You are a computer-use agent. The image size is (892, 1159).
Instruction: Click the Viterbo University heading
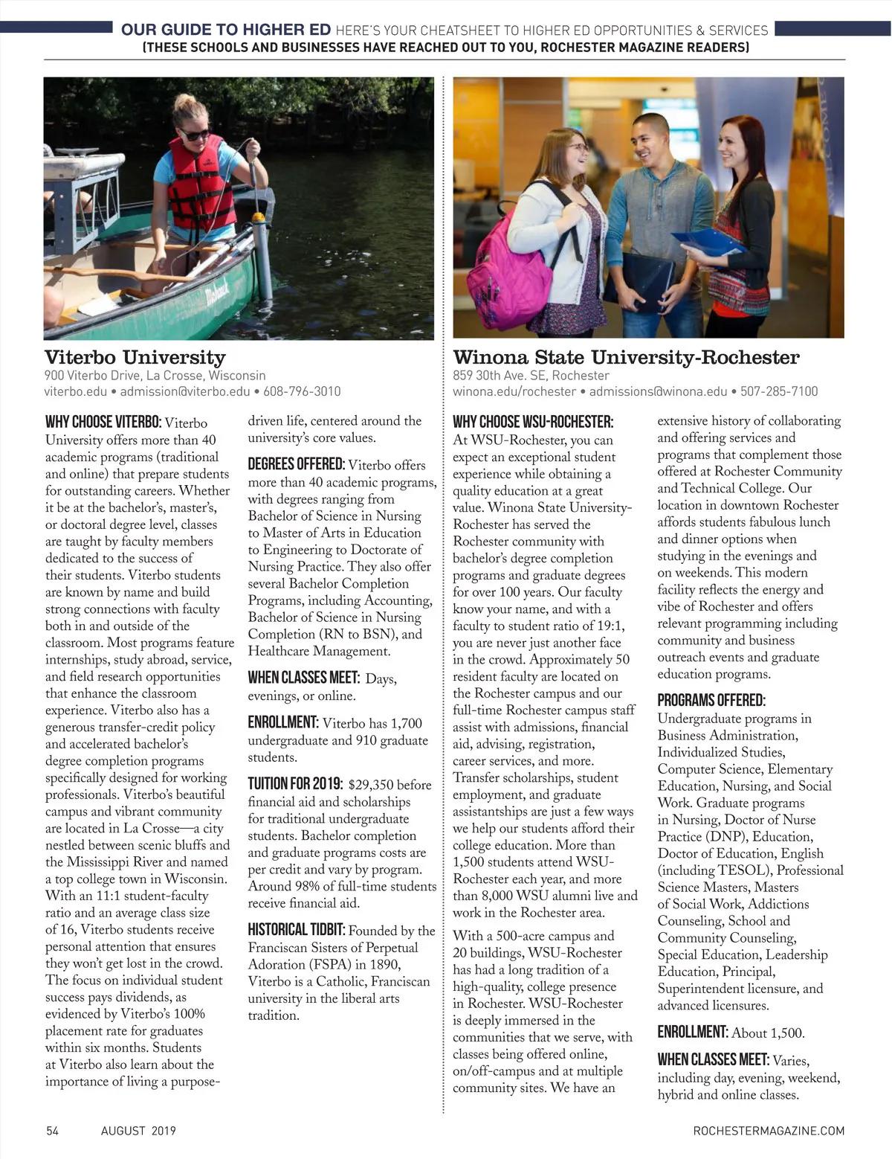[135, 358]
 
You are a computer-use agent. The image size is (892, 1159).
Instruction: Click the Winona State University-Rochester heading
[626, 358]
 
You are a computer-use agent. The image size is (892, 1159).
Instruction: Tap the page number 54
[52, 1131]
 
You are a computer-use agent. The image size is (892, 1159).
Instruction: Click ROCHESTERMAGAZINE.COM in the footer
[769, 1131]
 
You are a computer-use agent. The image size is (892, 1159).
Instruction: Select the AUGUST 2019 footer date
[138, 1131]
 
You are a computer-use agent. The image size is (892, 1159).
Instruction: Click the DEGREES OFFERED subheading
[296, 465]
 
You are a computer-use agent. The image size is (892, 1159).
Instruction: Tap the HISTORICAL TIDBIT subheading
[296, 930]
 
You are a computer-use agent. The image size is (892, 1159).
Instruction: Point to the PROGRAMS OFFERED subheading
[711, 700]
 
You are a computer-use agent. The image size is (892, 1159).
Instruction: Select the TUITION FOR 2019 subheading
[295, 784]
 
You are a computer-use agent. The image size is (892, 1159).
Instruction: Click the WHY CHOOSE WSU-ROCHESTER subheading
[533, 423]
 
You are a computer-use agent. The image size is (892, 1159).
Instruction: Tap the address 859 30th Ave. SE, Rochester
[531, 376]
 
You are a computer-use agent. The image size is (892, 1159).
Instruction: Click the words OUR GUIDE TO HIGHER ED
[226, 30]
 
